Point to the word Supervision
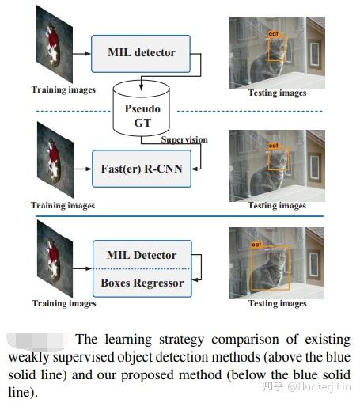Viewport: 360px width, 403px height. tap(184, 139)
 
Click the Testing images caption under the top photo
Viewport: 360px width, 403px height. tap(277, 93)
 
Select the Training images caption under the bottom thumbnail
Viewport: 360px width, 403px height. tap(63, 303)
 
